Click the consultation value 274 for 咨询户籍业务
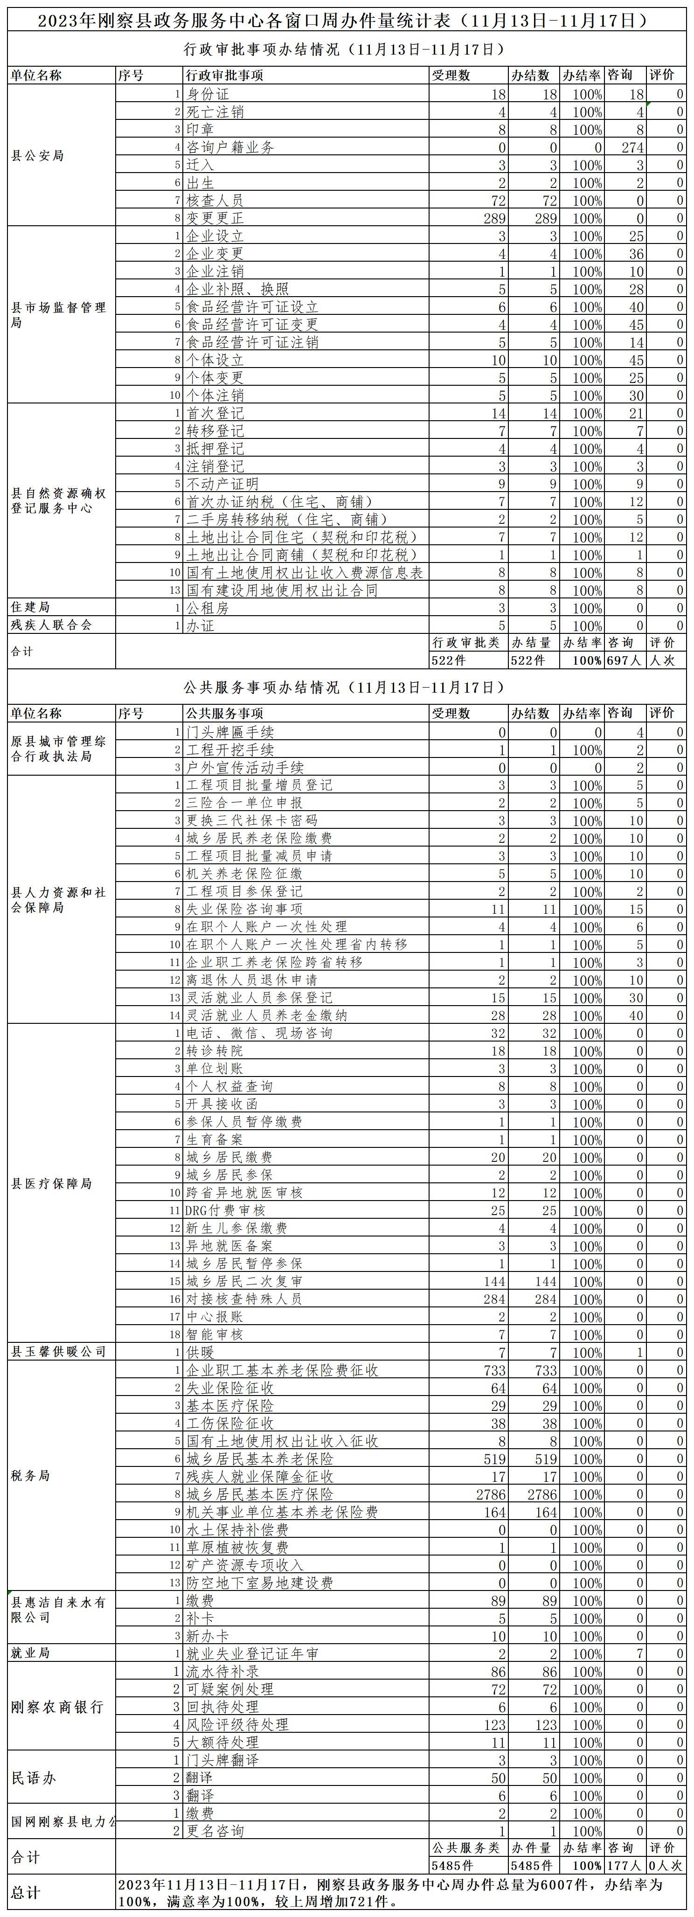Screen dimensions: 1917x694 tap(632, 147)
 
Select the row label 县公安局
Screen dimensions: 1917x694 tap(37, 155)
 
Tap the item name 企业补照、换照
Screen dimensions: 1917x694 tap(237, 289)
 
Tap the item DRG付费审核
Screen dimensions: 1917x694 tap(225, 1210)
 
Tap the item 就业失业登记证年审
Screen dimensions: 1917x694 tap(252, 1653)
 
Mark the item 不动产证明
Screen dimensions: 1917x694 tap(222, 484)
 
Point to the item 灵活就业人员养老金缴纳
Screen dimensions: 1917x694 tap(266, 1015)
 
